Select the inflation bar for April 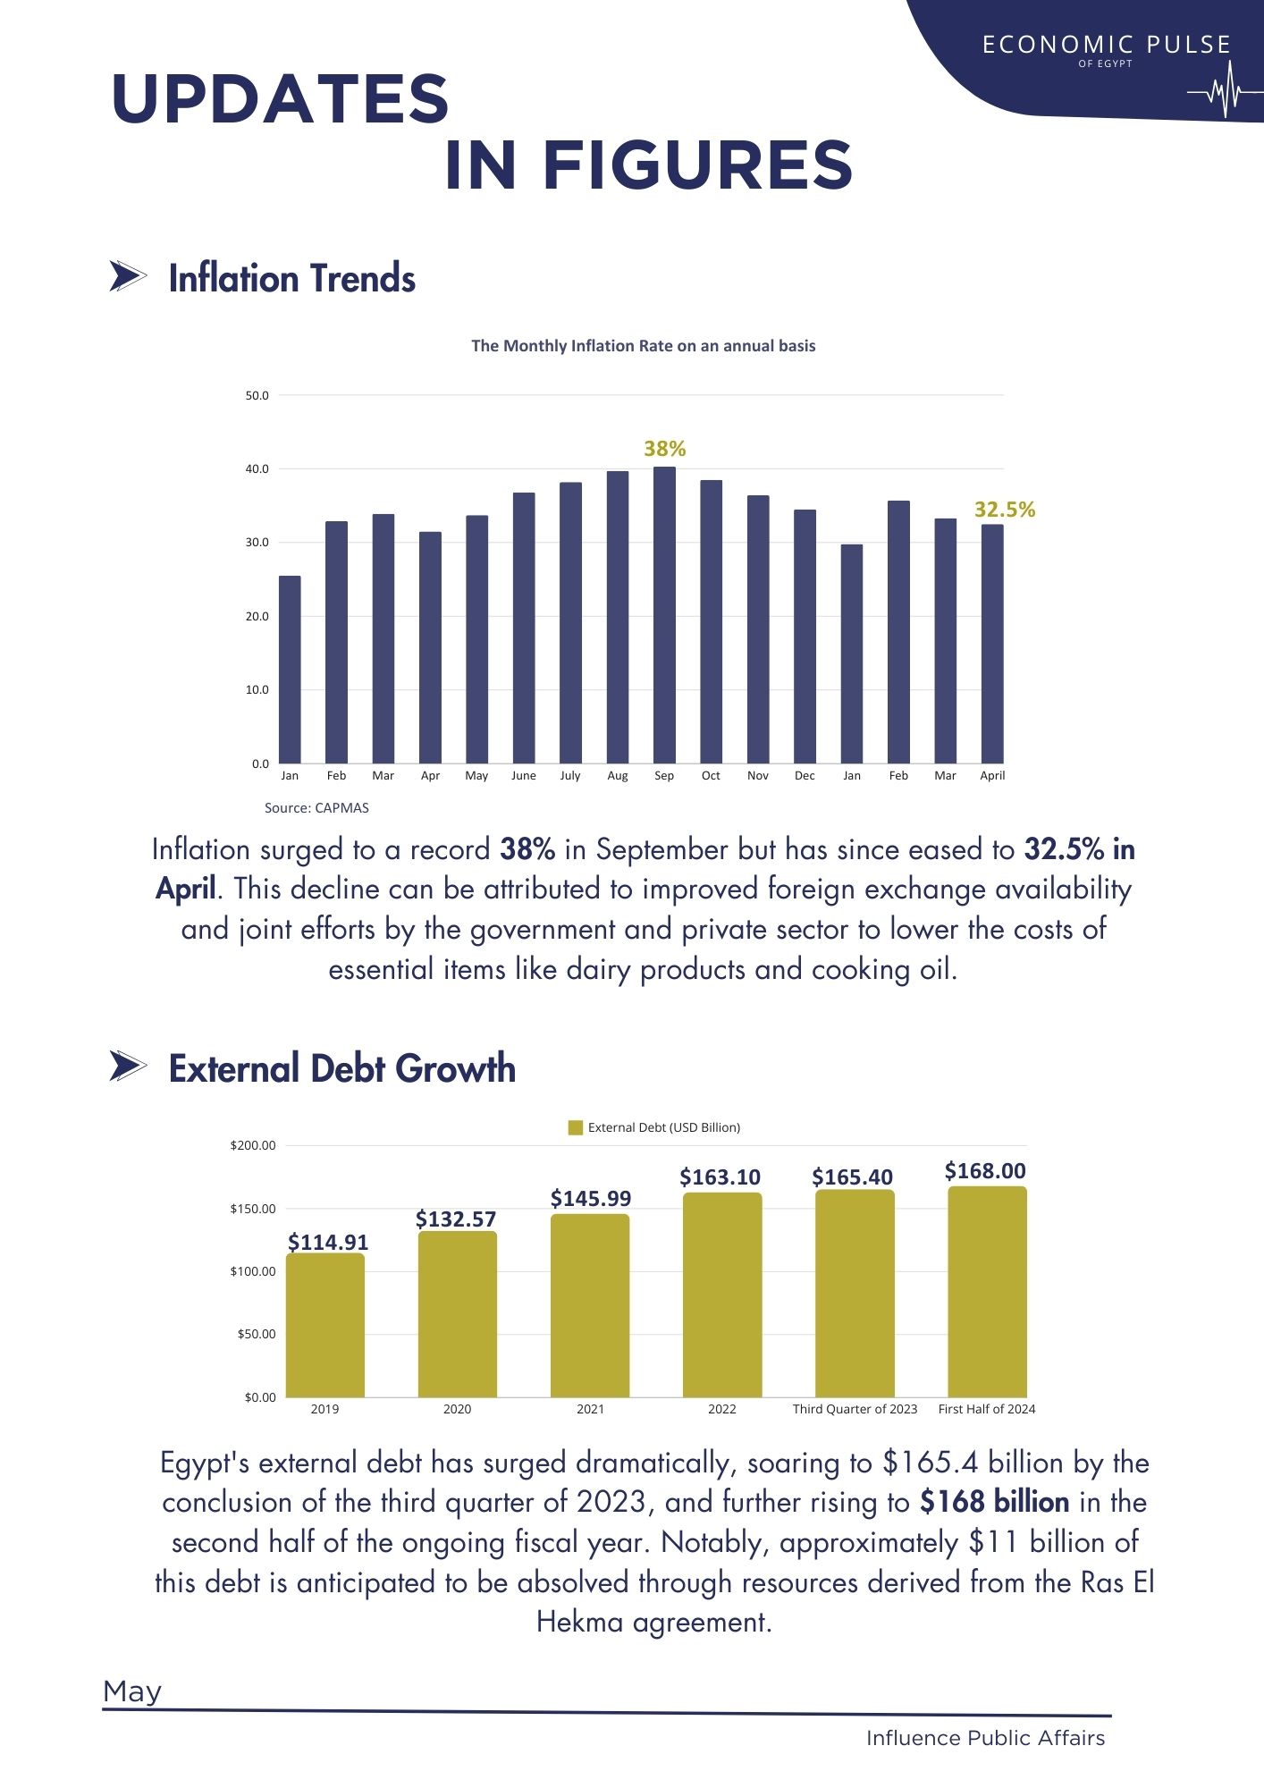pos(992,644)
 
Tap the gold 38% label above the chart pos(665,449)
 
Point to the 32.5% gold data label pos(1005,510)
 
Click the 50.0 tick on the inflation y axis pos(257,395)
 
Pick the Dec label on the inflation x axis pos(805,775)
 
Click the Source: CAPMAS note pos(316,807)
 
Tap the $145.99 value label pos(591,1198)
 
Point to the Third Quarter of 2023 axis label pos(855,1409)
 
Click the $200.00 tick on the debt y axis pos(253,1145)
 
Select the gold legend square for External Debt pos(576,1127)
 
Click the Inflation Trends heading pos(292,278)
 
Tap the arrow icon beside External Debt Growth pos(128,1066)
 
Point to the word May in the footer pos(132,1691)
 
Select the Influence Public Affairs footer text pos(985,1738)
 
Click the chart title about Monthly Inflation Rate pos(644,346)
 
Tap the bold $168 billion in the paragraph pos(994,1502)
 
